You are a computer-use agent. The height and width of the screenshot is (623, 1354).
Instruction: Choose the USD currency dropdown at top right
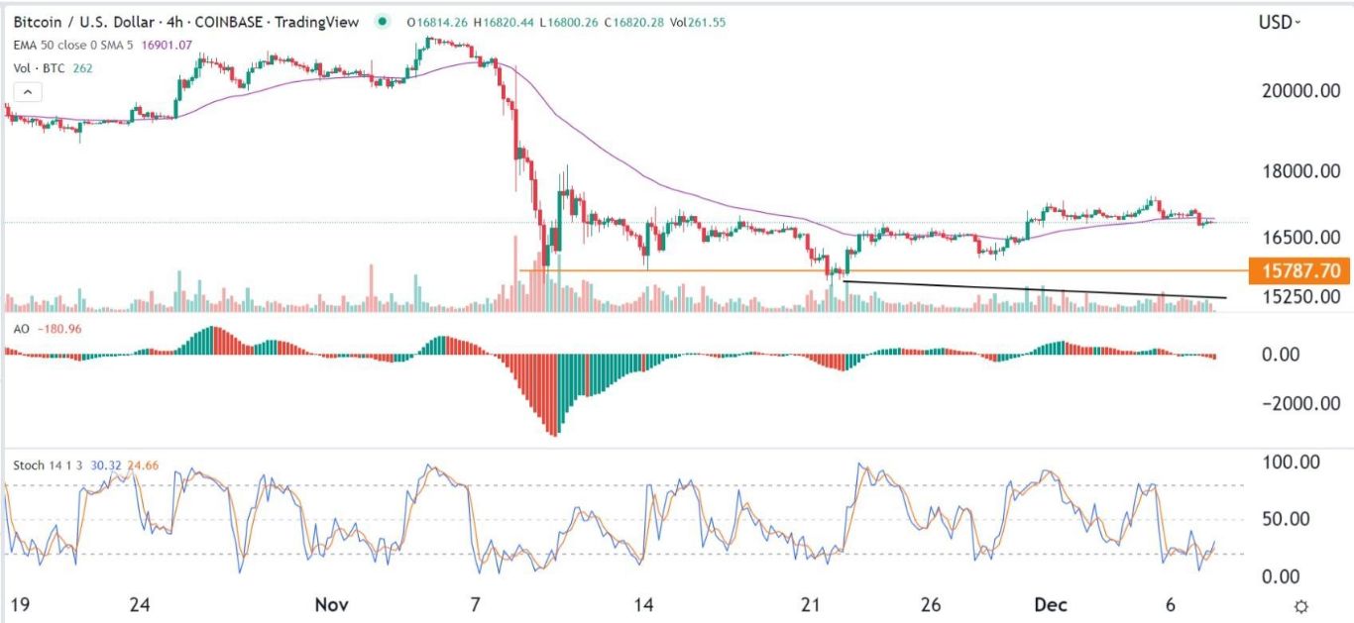tap(1280, 22)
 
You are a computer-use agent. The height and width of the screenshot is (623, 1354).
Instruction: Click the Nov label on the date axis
tap(328, 604)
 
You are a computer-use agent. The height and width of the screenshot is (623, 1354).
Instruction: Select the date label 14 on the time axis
tap(643, 604)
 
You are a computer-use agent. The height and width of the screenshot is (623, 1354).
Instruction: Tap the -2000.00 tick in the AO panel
tap(1292, 403)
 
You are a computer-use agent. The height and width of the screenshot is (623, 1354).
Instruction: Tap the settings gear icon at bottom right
tap(1302, 605)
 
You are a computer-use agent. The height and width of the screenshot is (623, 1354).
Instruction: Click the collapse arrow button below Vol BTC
tap(28, 92)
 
